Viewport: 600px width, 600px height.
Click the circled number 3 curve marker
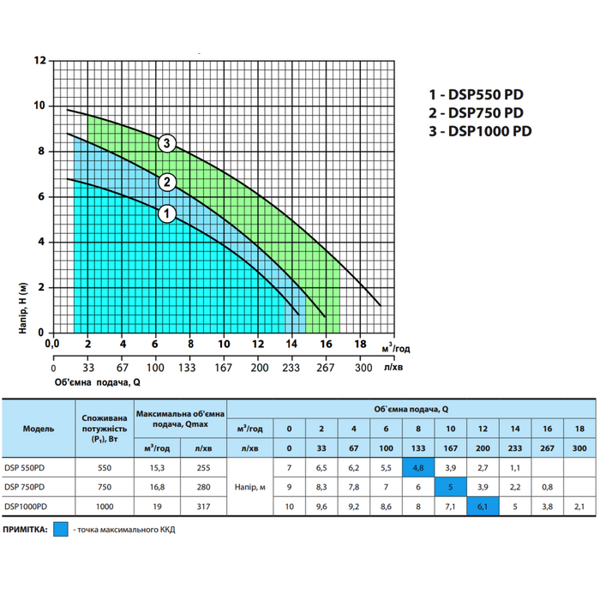pos(167,143)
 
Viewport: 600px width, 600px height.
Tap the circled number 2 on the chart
pos(167,181)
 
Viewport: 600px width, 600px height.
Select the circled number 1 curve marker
pos(167,213)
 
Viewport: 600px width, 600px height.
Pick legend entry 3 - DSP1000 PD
pos(481,131)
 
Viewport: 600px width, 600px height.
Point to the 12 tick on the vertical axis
pos(39,61)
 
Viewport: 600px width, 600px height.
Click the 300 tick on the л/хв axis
pos(363,367)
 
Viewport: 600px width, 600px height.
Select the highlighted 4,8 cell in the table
pos(417,469)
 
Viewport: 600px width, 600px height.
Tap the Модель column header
pos(39,428)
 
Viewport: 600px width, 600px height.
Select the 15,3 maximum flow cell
pos(156,469)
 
